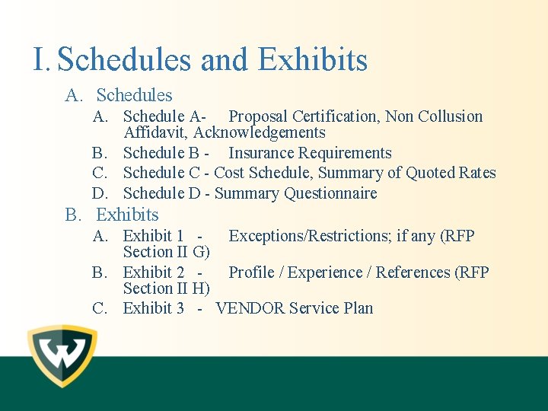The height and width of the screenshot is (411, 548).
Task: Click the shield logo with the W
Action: point(62,356)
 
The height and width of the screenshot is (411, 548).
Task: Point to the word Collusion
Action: point(451,116)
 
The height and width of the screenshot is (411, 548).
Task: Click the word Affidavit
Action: point(155,133)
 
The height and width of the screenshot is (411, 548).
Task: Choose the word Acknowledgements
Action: point(260,133)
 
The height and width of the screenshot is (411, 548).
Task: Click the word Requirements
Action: point(344,154)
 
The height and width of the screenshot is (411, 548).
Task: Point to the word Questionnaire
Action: point(330,193)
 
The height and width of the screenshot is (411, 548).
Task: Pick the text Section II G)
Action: point(166,252)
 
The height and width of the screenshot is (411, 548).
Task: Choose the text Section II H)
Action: point(166,288)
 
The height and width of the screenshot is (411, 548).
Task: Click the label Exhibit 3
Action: point(153,308)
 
